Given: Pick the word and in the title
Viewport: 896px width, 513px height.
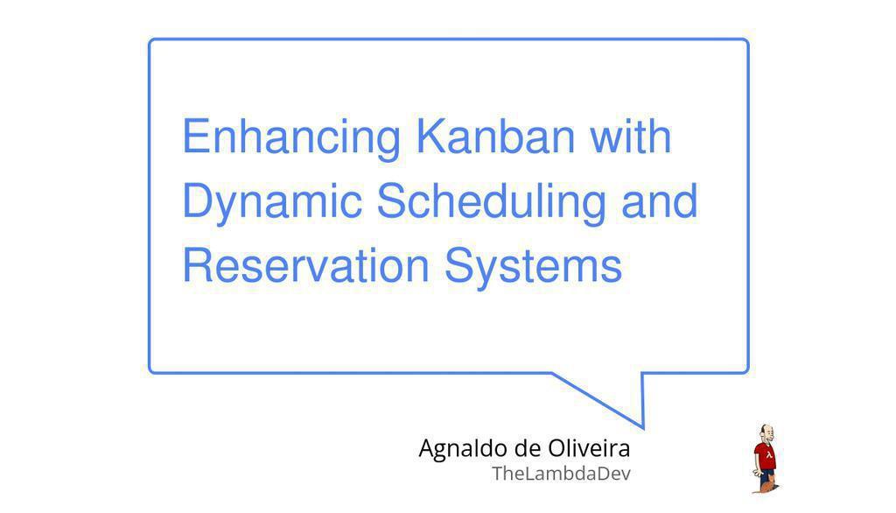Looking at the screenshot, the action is coord(660,200).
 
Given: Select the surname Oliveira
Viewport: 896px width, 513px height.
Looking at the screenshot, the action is coord(589,448).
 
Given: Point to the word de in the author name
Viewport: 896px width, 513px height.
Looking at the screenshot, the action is coord(528,448).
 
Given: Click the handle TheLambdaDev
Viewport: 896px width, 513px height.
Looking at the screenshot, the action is coord(561,474).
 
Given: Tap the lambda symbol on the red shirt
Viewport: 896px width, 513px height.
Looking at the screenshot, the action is coord(769,455).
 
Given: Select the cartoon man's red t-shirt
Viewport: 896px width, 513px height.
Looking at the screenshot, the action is coord(765,456).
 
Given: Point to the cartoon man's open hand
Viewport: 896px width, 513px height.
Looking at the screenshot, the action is coord(757,474).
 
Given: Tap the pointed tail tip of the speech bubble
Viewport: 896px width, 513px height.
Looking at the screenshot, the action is coord(643,428).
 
